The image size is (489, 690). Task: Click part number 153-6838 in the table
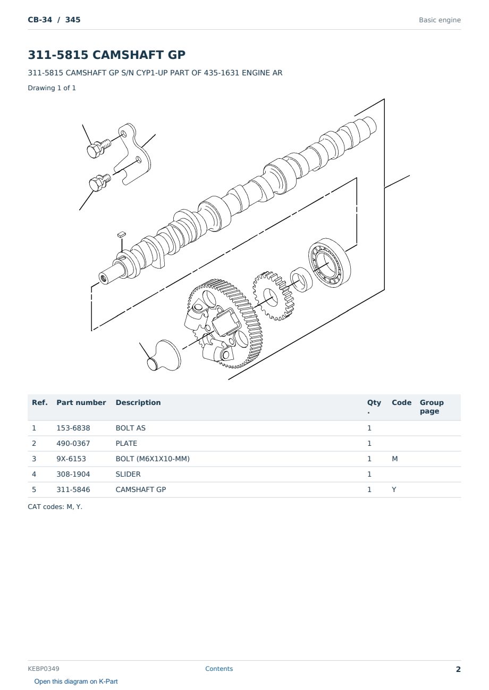[x=73, y=428]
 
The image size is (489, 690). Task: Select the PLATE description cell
[x=126, y=443]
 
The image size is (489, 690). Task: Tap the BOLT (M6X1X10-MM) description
[x=153, y=459]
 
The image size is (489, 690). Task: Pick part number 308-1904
[x=73, y=474]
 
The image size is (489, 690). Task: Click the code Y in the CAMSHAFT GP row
[x=394, y=489]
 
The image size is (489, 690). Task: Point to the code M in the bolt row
[x=394, y=459]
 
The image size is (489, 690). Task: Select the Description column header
[x=138, y=403]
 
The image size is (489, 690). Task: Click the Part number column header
[x=81, y=403]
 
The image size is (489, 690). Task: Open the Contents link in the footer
[x=219, y=669]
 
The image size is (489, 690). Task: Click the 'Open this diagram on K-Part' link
[x=76, y=682]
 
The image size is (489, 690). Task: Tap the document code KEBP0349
[x=44, y=669]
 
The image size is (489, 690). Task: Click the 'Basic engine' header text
[x=440, y=20]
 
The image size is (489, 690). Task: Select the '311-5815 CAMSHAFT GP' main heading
[x=106, y=55]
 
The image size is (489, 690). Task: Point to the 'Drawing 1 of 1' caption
[x=52, y=88]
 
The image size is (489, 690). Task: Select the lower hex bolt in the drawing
[x=99, y=183]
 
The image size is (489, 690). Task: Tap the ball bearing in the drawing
[x=330, y=263]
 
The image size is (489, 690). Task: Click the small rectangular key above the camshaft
[x=121, y=235]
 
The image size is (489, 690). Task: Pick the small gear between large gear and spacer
[x=273, y=296]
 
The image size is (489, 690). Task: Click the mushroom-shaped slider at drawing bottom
[x=164, y=356]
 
